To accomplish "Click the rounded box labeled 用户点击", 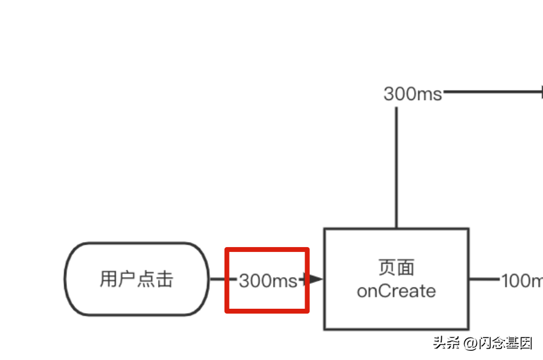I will [x=137, y=279].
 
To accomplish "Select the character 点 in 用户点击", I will [x=146, y=279].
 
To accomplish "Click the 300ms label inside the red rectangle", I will [x=267, y=281].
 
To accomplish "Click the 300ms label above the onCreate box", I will [x=412, y=94].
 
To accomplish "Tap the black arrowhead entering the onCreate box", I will [x=314, y=279].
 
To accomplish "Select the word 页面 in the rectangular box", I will [x=396, y=267].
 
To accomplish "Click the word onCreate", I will [x=396, y=291].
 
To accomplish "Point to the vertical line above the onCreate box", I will [x=396, y=168].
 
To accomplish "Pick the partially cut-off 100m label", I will [x=522, y=281].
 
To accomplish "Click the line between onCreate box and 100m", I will [x=484, y=279].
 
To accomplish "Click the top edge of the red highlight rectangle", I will [x=267, y=249].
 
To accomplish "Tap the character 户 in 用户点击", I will [x=128, y=279].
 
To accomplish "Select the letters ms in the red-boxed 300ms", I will [x=284, y=281].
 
